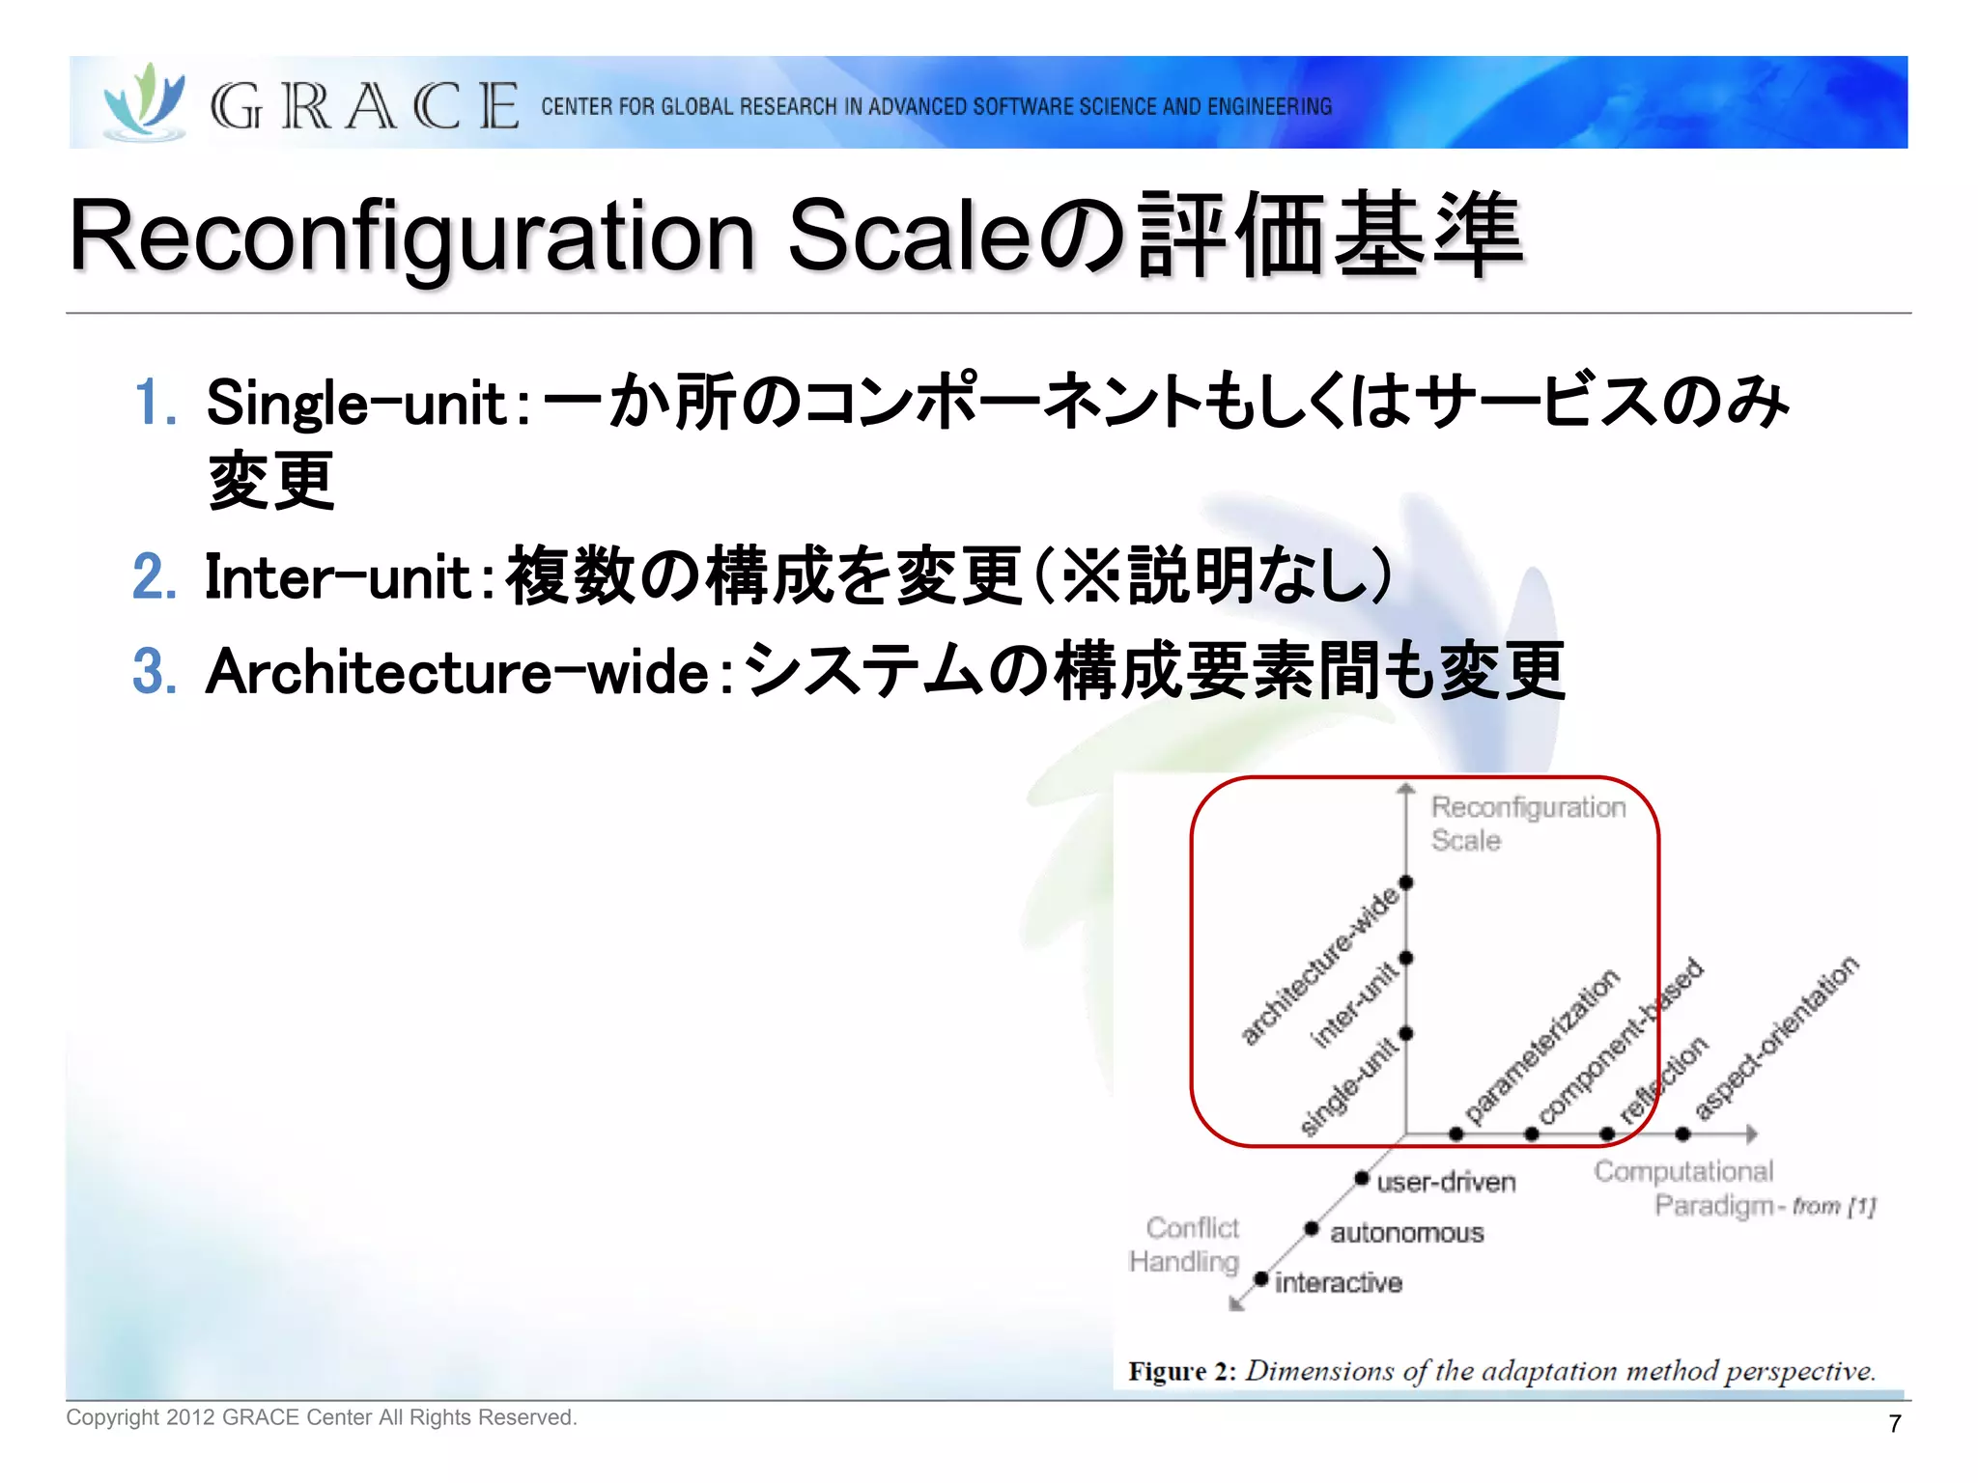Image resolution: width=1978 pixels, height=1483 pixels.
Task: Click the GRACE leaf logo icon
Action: point(145,102)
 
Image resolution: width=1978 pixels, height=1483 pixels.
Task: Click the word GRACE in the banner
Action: point(364,106)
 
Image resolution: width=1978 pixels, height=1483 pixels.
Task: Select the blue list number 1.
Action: point(155,404)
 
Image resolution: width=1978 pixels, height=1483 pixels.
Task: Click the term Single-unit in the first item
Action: point(356,404)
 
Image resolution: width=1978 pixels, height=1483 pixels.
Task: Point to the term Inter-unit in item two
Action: point(337,578)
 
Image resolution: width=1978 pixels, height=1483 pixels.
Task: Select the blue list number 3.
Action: point(155,672)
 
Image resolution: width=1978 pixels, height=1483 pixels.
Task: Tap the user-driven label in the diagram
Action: point(1446,1183)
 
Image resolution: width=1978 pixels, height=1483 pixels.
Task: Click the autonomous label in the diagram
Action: point(1406,1233)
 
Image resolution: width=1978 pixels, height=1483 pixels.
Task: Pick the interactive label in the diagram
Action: point(1338,1283)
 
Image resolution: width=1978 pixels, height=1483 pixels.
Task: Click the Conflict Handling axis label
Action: point(1185,1245)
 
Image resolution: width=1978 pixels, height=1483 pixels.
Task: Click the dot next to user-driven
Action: point(1361,1178)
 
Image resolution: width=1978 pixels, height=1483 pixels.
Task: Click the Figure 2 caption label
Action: point(1181,1372)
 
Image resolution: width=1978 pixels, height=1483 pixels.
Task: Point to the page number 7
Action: point(1894,1423)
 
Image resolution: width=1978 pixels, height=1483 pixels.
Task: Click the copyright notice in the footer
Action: point(321,1417)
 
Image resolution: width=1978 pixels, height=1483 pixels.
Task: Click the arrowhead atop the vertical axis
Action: point(1406,789)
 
